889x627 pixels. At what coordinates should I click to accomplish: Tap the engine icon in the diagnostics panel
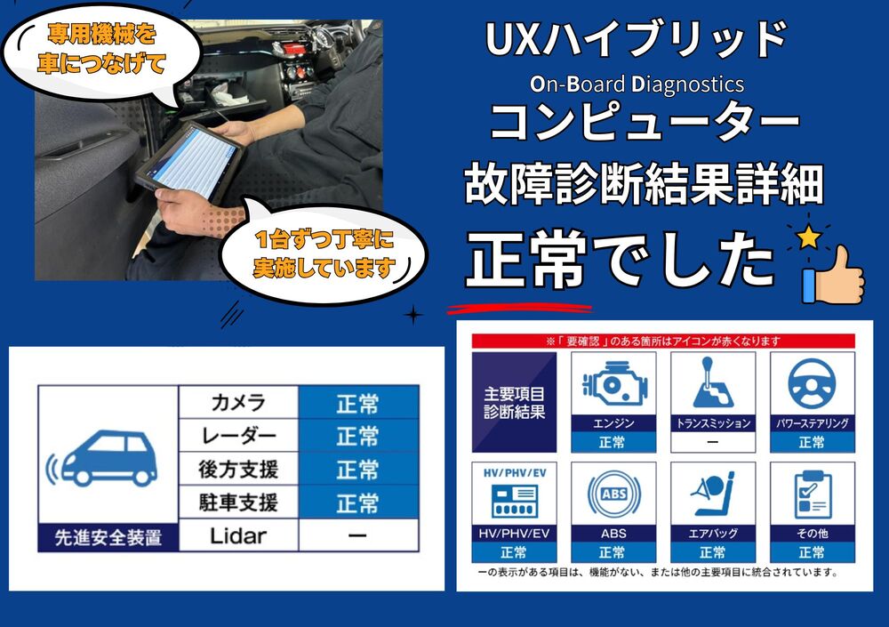(x=613, y=383)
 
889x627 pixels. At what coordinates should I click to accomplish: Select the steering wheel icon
(x=811, y=383)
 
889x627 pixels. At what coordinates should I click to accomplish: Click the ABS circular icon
(x=613, y=494)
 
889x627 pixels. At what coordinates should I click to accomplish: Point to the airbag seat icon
(x=712, y=494)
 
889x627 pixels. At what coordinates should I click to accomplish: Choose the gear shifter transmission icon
(x=712, y=383)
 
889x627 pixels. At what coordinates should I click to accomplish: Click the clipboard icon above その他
(x=811, y=494)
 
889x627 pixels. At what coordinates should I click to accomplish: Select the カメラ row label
(x=238, y=402)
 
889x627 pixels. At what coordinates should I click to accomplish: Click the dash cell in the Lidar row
(x=357, y=535)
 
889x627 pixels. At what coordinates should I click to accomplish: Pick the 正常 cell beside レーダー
(x=357, y=436)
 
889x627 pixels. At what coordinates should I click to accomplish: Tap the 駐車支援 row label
(x=238, y=502)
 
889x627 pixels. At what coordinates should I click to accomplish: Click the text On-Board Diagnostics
(x=637, y=84)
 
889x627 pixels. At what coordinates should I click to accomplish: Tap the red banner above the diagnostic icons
(x=662, y=341)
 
